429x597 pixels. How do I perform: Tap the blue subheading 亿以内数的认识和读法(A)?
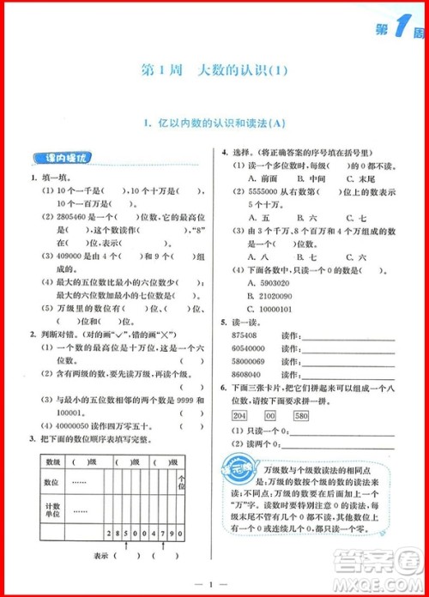click(x=215, y=124)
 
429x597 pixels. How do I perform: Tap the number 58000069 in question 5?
click(x=250, y=363)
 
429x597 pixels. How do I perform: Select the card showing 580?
click(x=301, y=416)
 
